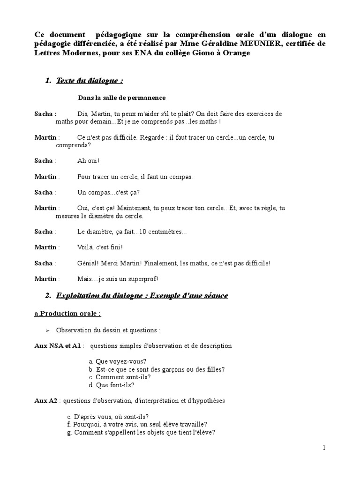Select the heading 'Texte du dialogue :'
(x=90, y=81)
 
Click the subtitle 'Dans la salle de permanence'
(x=121, y=97)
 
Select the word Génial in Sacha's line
(x=87, y=263)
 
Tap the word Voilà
(x=86, y=247)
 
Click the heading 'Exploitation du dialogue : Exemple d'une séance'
(x=142, y=295)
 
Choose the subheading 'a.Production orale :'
(x=67, y=313)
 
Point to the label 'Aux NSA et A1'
(x=58, y=346)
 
